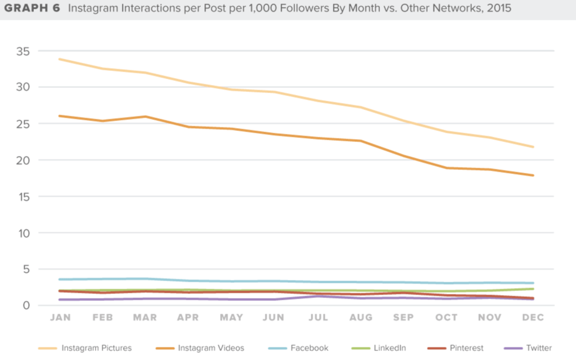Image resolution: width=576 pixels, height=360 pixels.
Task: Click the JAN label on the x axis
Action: pyautogui.click(x=60, y=318)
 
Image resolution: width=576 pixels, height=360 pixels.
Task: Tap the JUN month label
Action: pyautogui.click(x=273, y=318)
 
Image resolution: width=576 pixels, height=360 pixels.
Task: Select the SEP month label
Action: pyautogui.click(x=403, y=318)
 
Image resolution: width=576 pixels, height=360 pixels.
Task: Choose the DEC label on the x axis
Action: pyautogui.click(x=532, y=318)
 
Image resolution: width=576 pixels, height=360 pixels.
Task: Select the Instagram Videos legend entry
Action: pyautogui.click(x=211, y=348)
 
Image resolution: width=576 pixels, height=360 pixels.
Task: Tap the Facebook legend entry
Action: pyautogui.click(x=309, y=348)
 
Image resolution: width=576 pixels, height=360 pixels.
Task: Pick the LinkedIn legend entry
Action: pyautogui.click(x=389, y=348)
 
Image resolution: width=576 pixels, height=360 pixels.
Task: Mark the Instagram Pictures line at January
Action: pyautogui.click(x=60, y=59)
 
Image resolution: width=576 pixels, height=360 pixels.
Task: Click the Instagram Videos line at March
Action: pyautogui.click(x=146, y=116)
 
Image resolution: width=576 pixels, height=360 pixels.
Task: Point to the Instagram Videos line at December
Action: pyautogui.click(x=532, y=175)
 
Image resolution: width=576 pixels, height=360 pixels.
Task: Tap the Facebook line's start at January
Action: pyautogui.click(x=60, y=279)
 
